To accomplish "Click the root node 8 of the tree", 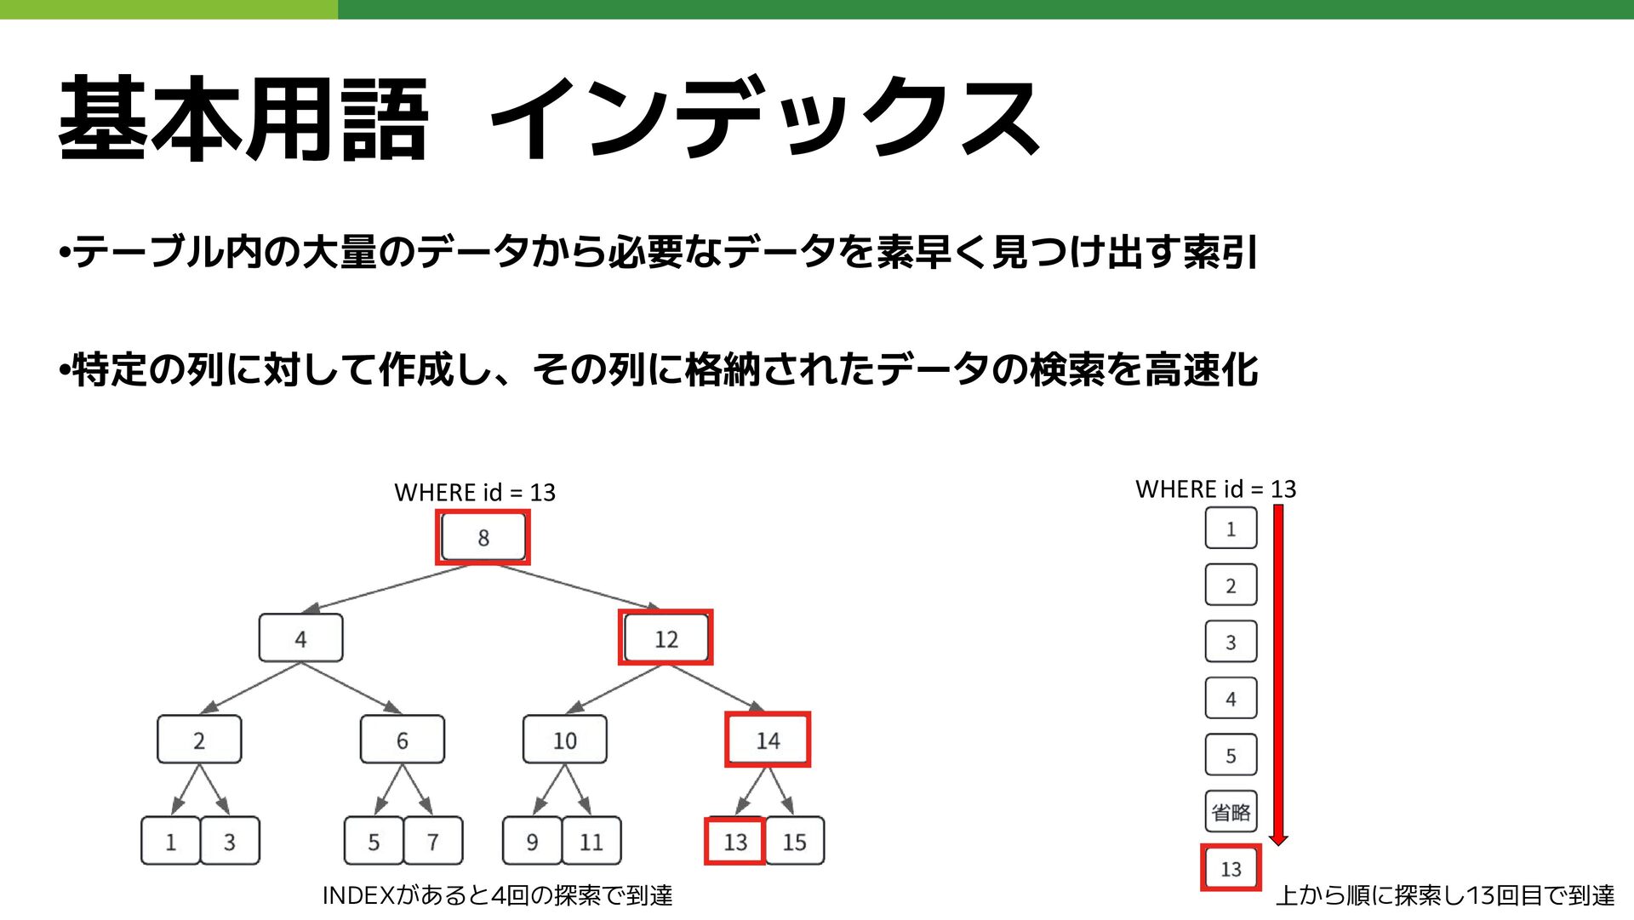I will [x=483, y=537].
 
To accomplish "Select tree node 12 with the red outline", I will [x=666, y=637].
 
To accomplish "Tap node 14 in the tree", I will [x=768, y=740].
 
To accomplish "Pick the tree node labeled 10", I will [x=565, y=740].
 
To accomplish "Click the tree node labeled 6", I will [x=402, y=740].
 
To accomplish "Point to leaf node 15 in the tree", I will [x=795, y=841].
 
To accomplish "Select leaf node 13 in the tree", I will [x=735, y=841].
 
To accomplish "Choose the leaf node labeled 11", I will [x=591, y=841].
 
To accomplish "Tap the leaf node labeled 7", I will [x=433, y=841].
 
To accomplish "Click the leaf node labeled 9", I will [x=532, y=841].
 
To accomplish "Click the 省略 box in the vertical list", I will [x=1231, y=811].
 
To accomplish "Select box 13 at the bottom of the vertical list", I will [x=1231, y=868].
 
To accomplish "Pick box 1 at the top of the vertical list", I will [x=1231, y=529].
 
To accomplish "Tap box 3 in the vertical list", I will [x=1231, y=642].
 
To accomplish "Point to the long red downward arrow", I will [x=1278, y=672].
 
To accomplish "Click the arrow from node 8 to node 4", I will [x=387, y=588].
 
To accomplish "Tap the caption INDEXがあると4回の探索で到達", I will [x=497, y=895].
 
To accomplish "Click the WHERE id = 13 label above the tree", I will [x=475, y=492].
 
